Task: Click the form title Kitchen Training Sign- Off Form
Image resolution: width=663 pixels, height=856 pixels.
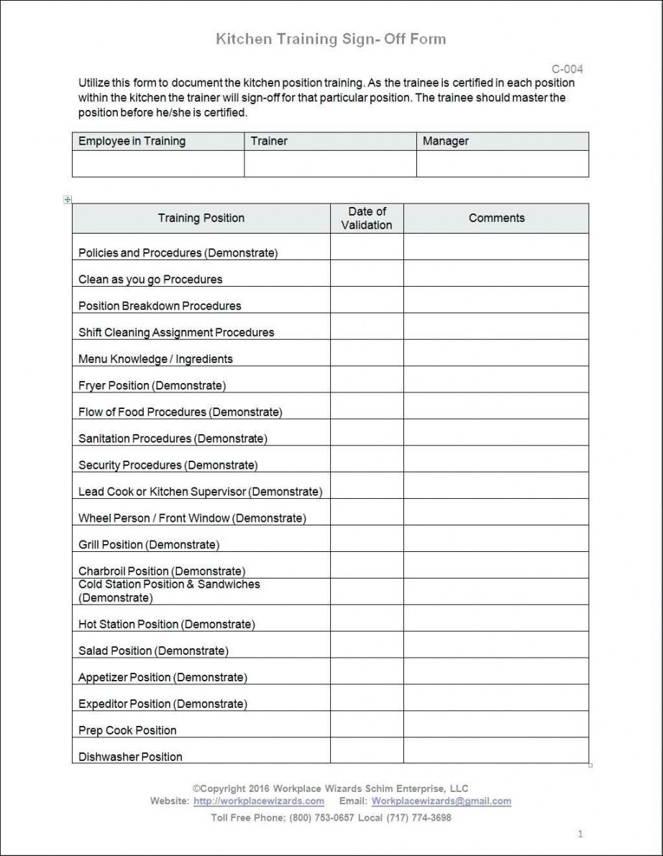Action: (x=331, y=40)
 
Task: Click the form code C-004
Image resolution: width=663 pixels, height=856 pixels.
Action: (x=567, y=70)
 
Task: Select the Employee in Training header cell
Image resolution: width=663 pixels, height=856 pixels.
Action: (x=132, y=142)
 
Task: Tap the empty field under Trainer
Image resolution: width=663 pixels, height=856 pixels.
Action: (x=330, y=164)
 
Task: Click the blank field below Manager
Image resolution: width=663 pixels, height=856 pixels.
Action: (x=502, y=164)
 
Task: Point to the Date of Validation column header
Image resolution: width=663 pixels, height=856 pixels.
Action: (x=367, y=218)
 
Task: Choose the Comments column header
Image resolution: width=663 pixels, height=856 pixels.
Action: (x=496, y=218)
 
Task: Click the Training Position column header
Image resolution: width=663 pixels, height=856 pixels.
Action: (x=201, y=218)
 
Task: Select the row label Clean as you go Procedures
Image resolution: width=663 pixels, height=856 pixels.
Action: (x=150, y=280)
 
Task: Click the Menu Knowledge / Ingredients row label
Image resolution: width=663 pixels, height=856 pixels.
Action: (x=155, y=359)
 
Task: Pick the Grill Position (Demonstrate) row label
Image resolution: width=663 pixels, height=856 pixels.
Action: (x=149, y=545)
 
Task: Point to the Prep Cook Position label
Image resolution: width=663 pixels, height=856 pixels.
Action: (x=127, y=731)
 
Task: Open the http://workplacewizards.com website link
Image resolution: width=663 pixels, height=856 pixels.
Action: (x=259, y=801)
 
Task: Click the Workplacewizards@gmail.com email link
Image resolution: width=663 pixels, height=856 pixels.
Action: (x=442, y=801)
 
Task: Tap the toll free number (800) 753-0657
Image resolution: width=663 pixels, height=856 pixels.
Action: (x=321, y=818)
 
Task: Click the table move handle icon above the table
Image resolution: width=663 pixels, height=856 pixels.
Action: (x=68, y=200)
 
